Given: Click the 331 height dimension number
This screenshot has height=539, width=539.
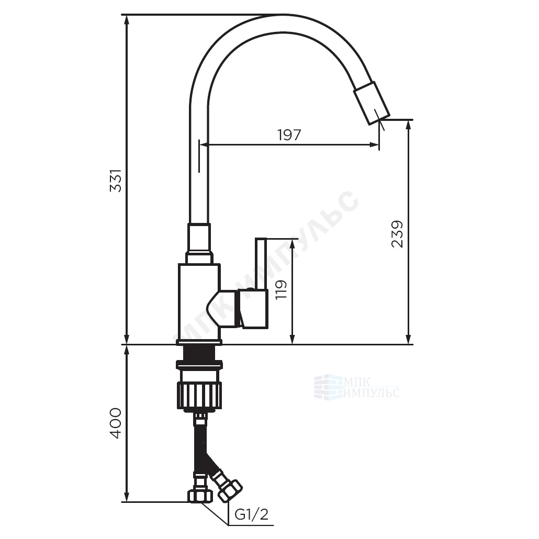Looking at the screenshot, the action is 116,181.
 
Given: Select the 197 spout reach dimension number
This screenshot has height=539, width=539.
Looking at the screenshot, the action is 289,135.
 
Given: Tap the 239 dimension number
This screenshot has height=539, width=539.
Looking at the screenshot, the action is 397,234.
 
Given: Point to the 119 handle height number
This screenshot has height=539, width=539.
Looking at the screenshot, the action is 281,289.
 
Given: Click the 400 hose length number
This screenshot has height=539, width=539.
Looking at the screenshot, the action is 116,423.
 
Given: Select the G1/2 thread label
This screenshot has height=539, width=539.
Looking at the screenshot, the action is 251,514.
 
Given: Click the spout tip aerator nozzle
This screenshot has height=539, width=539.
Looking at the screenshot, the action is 372,103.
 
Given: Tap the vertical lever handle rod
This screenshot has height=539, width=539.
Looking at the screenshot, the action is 261,263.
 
